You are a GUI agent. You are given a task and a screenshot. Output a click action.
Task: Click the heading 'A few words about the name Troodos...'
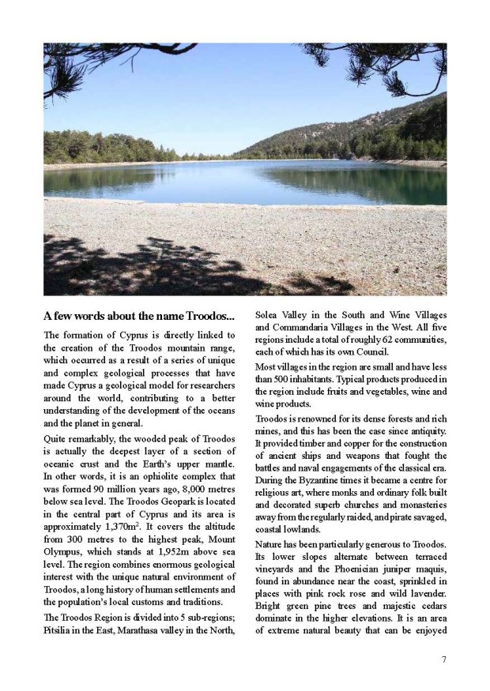pyautogui.click(x=139, y=316)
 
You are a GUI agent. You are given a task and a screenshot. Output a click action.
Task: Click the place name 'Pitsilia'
pyautogui.click(x=62, y=629)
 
